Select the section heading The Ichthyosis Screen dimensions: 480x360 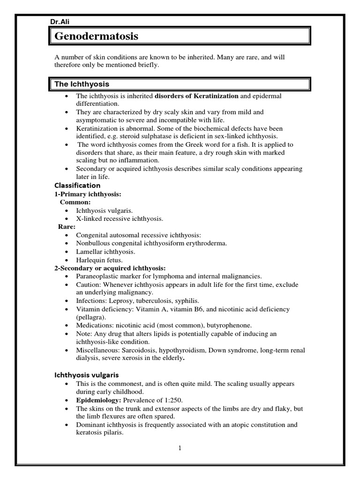(82, 84)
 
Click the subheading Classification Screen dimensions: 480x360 (77, 185)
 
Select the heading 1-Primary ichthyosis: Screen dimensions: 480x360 (83, 194)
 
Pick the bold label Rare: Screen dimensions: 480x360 (67, 226)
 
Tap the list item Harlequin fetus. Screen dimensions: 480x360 (99, 260)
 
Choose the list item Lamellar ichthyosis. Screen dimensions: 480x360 (105, 251)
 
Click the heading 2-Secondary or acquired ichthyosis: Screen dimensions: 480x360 (110, 268)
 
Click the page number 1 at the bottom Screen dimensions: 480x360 (180, 448)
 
